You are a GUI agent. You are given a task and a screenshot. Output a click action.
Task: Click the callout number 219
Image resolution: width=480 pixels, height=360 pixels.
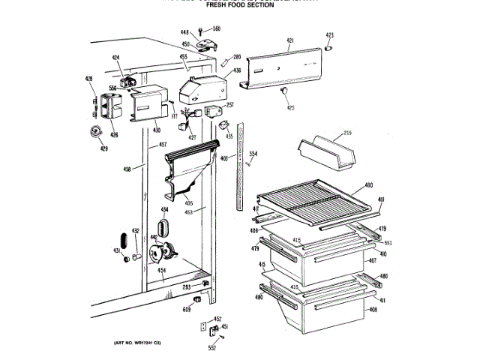pyautogui.click(x=347, y=133)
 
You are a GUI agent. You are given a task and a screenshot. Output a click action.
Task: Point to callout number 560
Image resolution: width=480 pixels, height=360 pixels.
pyautogui.click(x=216, y=28)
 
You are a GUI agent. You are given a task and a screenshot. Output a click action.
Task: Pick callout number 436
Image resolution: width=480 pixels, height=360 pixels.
pyautogui.click(x=237, y=70)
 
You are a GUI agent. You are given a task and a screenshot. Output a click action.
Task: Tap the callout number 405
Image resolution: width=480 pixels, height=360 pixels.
pyautogui.click(x=189, y=203)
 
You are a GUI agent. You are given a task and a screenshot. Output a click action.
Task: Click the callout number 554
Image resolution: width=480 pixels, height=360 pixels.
pyautogui.click(x=253, y=154)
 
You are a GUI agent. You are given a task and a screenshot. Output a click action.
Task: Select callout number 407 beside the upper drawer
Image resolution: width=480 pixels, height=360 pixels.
pyautogui.click(x=372, y=260)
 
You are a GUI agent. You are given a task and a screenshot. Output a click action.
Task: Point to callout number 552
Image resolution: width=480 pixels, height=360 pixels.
pyautogui.click(x=211, y=348)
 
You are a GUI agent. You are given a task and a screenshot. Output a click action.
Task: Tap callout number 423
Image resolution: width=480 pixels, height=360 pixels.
pyautogui.click(x=329, y=35)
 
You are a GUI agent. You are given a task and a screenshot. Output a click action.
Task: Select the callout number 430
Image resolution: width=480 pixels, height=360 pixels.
pyautogui.click(x=157, y=130)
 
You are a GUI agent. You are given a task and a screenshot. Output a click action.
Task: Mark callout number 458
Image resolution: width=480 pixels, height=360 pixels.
pyautogui.click(x=127, y=169)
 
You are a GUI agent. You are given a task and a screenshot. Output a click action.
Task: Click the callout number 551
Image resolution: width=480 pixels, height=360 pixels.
pyautogui.click(x=388, y=244)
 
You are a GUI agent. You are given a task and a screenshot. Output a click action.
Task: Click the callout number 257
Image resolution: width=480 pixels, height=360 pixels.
pyautogui.click(x=230, y=105)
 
